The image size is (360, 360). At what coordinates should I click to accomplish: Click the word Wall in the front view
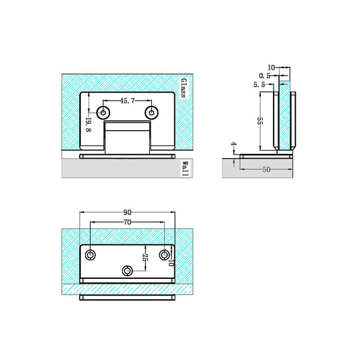(x=184, y=169)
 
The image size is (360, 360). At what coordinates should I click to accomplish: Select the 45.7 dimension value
(x=128, y=101)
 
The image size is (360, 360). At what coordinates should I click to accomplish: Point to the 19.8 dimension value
(x=88, y=124)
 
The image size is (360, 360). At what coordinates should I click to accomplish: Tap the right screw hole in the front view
(x=153, y=112)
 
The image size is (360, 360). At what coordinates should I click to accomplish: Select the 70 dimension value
(x=128, y=222)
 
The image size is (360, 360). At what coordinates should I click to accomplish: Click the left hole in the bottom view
(x=91, y=255)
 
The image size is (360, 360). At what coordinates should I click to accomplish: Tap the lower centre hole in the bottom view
(x=128, y=271)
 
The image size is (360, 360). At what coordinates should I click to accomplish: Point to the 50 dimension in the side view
(x=266, y=170)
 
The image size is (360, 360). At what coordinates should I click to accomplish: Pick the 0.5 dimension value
(x=264, y=76)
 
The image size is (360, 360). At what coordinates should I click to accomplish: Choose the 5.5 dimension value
(x=259, y=84)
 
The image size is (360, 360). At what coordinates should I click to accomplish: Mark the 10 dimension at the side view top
(x=272, y=68)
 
